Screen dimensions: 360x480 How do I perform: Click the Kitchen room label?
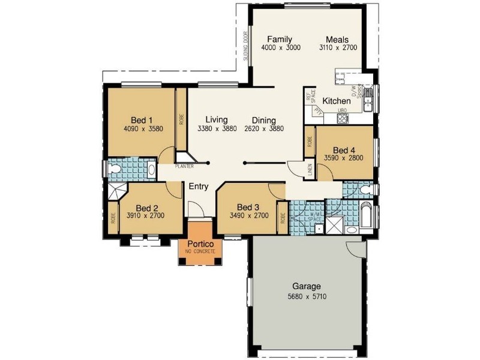click(336, 101)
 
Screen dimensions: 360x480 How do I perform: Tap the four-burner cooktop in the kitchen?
click(343, 119)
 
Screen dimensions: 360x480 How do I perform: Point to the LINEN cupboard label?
click(310, 170)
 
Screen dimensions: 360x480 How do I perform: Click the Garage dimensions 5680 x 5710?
click(307, 296)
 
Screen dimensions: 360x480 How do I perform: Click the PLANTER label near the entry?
click(184, 166)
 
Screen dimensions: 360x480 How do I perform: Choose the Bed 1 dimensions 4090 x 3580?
click(143, 128)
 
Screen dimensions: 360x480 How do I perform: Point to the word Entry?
click(199, 187)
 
